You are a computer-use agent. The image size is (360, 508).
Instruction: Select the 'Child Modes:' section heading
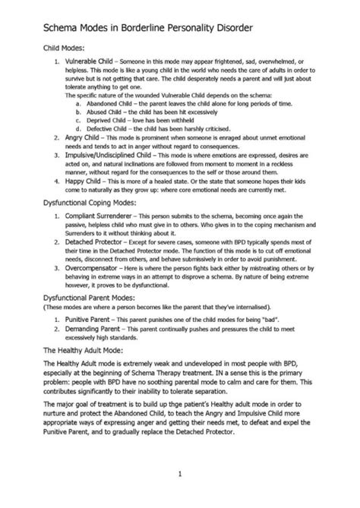pyautogui.click(x=46, y=46)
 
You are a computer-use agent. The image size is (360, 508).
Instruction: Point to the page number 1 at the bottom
pyautogui.click(x=180, y=475)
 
